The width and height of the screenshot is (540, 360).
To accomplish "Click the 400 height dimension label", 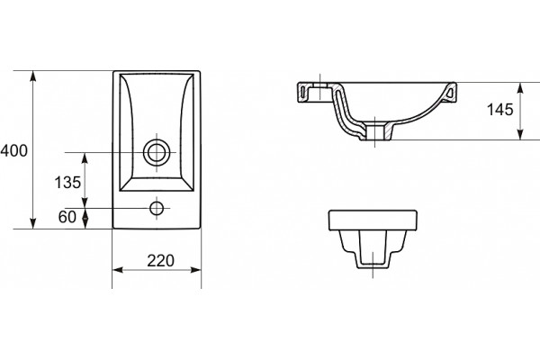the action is tap(13, 151).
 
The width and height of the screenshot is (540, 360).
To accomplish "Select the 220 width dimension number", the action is tap(161, 261).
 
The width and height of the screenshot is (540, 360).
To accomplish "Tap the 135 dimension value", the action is tap(67, 182).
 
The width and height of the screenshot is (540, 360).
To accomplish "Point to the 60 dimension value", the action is tap(67, 217).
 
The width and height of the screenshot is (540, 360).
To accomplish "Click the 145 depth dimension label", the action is tap(500, 110).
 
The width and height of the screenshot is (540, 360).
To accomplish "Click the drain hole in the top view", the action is tap(157, 152).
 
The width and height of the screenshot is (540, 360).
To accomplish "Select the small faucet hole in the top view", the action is tap(157, 208).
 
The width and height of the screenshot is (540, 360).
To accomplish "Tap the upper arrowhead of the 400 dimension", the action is tap(33, 76).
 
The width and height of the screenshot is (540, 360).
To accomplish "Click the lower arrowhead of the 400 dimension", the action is tap(33, 223).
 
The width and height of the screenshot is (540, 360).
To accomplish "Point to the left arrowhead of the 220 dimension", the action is tap(118, 270).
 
